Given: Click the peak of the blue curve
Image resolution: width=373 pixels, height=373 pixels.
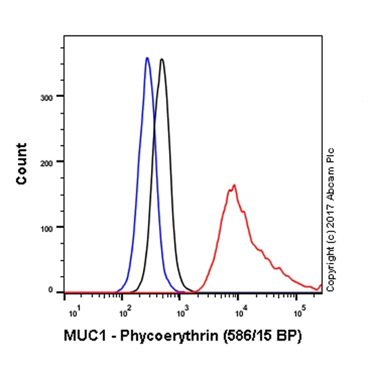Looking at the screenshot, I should point(147,58).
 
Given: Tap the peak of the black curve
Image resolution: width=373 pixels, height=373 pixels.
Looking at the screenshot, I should point(162,60).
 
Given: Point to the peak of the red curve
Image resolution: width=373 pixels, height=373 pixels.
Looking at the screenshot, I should point(234,185).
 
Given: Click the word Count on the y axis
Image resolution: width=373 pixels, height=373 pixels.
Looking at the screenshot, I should point(22,163).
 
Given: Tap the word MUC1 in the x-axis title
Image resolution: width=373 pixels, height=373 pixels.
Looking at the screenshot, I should point(81,336).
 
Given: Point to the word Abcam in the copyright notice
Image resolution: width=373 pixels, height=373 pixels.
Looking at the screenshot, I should point(330,182).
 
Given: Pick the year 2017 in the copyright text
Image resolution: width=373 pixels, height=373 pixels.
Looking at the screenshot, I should point(330,212).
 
